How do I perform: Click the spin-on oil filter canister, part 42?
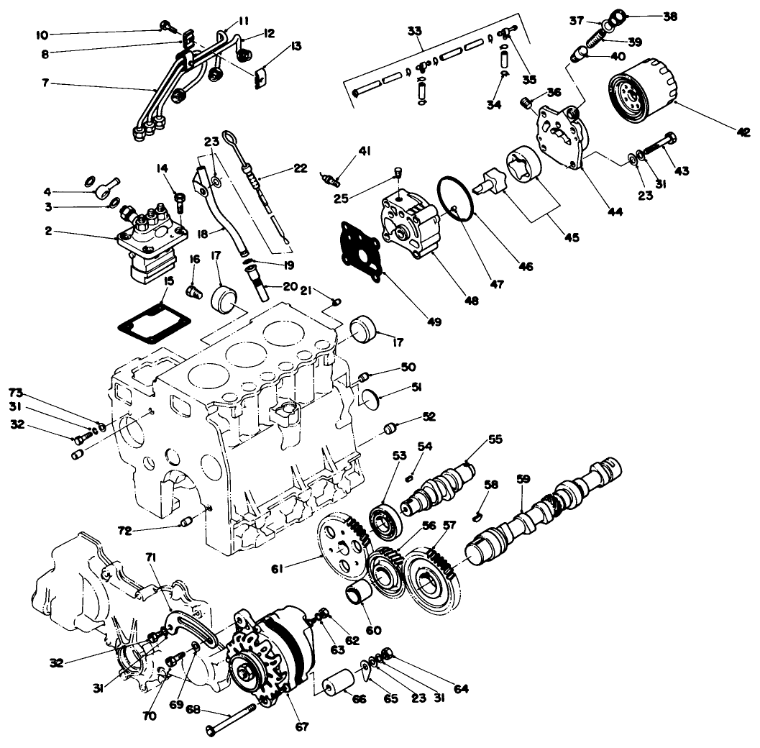pos(642,93)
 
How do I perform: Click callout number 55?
pos(495,438)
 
